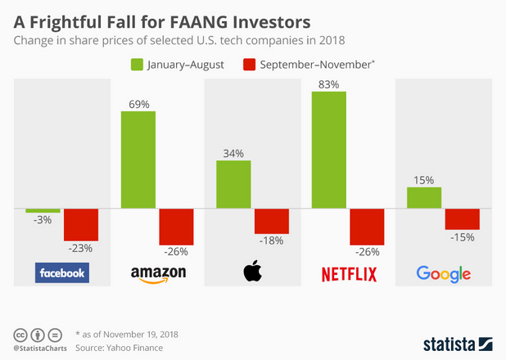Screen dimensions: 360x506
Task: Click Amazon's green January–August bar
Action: [x=138, y=160]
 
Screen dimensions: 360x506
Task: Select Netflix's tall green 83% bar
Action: [x=328, y=150]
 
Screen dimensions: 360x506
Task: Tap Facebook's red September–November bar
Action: [x=81, y=223]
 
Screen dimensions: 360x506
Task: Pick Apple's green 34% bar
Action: [x=233, y=184]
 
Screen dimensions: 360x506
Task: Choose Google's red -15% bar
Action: [x=462, y=218]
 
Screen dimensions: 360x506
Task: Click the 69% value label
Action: [x=138, y=103]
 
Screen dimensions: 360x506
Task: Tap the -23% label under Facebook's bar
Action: [x=81, y=247]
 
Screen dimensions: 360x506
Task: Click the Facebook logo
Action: [x=61, y=273]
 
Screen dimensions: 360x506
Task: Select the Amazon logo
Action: [x=159, y=274]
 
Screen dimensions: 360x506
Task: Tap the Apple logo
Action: [x=252, y=272]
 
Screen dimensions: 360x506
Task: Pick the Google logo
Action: [x=443, y=274]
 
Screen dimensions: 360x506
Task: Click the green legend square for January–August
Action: [x=137, y=63]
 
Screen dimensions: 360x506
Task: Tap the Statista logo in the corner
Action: [x=457, y=342]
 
